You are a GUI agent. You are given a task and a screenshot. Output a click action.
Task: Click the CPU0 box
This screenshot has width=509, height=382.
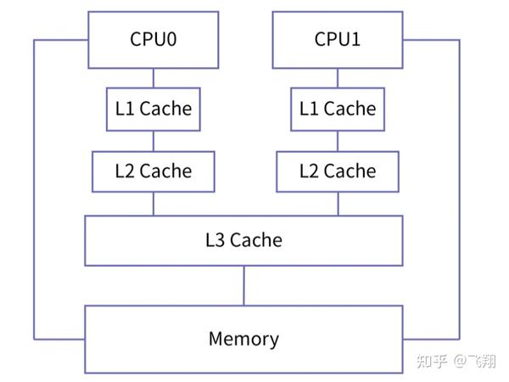point(154,39)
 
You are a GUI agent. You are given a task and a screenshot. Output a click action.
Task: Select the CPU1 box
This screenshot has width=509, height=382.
point(337,39)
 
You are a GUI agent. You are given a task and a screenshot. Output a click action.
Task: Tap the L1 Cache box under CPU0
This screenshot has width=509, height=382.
point(154,109)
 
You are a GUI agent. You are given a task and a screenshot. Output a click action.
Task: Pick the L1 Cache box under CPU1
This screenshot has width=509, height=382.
point(337,109)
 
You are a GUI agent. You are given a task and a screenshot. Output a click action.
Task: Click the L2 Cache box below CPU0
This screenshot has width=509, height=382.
point(154,171)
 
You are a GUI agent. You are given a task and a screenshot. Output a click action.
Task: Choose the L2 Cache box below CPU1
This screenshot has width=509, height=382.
point(337,171)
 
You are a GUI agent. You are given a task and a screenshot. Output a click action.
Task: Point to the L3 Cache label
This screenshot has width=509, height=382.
point(243,239)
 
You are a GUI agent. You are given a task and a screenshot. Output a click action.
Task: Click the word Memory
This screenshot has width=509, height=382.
point(243,340)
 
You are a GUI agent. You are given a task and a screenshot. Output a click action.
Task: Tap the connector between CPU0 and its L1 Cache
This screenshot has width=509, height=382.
point(154,77)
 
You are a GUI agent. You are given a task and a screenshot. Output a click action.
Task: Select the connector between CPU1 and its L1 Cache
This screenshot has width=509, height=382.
point(337,77)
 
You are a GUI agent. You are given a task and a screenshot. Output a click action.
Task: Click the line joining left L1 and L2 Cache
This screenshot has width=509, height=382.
point(154,140)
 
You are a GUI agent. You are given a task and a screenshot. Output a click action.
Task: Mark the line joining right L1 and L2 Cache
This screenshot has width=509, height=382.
point(337,140)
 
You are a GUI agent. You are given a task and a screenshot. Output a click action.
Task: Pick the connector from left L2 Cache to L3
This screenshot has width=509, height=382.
point(154,203)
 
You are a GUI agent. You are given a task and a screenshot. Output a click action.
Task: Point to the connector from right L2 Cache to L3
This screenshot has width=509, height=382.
point(337,203)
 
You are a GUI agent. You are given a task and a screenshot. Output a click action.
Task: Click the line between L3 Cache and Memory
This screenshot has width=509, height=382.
point(243,285)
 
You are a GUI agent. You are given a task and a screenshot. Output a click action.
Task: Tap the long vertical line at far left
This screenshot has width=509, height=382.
point(33,187)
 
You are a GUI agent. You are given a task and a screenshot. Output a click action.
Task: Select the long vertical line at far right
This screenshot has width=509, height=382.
point(459,187)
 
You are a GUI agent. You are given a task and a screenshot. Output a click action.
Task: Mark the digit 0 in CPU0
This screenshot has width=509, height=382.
point(172,39)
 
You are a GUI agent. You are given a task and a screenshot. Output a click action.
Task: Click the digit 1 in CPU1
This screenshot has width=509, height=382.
point(355,39)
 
